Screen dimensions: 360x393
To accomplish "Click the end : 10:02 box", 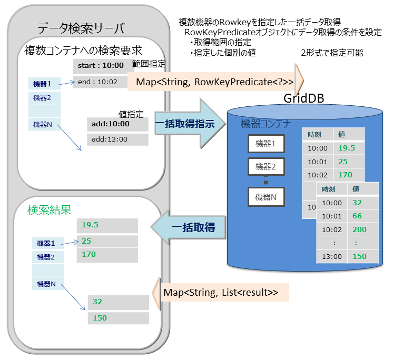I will tap(100, 82).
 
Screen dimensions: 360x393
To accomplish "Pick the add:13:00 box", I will tap(117, 139).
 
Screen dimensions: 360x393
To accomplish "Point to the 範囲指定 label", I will tap(149, 64).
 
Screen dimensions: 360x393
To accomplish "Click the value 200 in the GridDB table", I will tap(359, 229).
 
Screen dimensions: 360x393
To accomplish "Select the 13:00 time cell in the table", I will tap(331, 256).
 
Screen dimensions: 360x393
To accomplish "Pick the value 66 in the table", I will tap(357, 216).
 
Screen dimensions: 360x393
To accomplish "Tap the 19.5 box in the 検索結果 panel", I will tap(107, 225).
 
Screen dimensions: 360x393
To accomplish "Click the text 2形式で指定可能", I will tap(331, 53).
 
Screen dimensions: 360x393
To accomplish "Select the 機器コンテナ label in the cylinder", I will tap(266, 124).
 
